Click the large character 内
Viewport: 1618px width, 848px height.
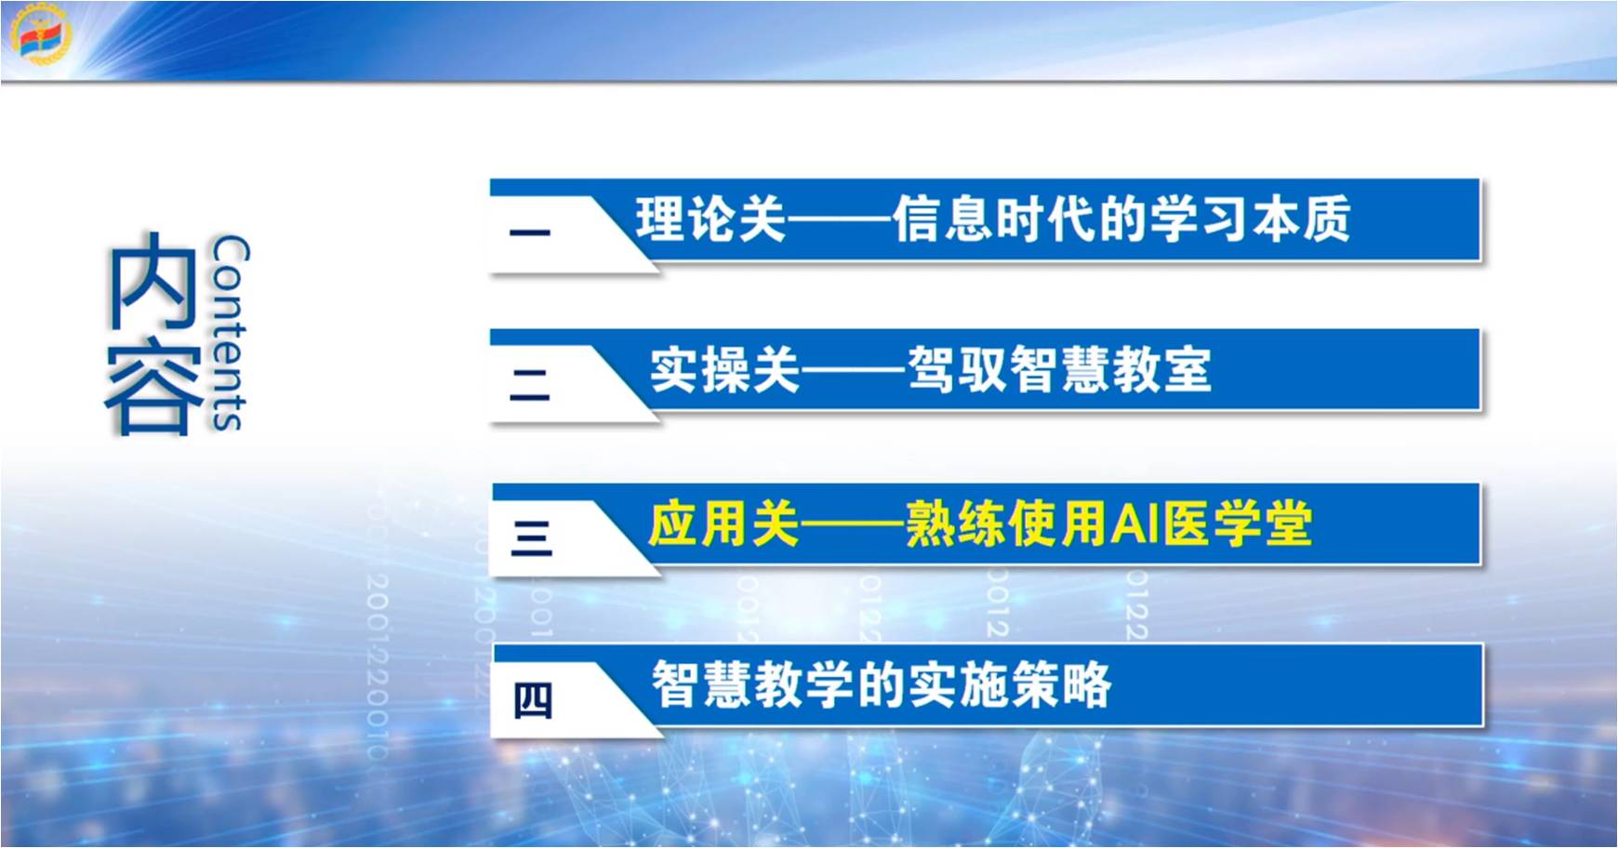point(152,280)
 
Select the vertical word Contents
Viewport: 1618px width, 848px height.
point(229,333)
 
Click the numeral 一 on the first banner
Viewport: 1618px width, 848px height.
point(530,232)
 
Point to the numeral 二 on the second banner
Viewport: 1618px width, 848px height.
point(530,384)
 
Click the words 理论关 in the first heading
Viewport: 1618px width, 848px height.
point(711,219)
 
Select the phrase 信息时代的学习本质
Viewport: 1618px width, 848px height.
point(1121,219)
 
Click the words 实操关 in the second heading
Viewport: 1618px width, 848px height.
point(724,370)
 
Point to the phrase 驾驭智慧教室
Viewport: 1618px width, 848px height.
point(1059,370)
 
